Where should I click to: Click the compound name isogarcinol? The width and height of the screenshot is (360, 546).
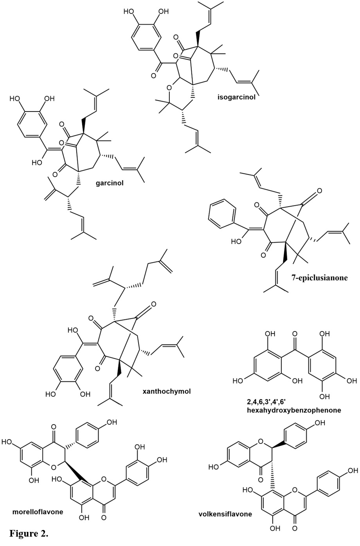click(236, 97)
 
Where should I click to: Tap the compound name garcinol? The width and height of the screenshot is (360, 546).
click(110, 182)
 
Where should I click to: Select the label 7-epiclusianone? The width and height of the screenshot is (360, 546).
click(320, 278)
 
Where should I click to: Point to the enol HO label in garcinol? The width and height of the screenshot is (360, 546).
click(38, 162)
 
